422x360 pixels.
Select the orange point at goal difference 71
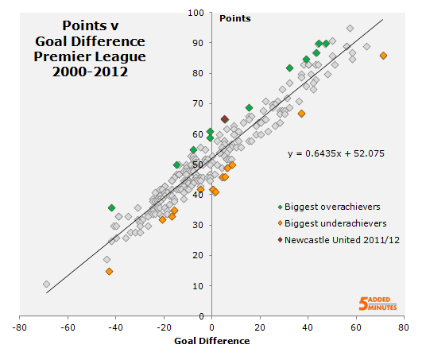tap(383, 56)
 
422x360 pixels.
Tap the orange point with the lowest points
tap(109, 271)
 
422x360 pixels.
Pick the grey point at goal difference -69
tap(46, 284)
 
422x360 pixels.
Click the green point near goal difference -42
tap(111, 207)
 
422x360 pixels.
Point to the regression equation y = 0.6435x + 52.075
tap(335, 153)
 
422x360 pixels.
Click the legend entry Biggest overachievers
tap(328, 206)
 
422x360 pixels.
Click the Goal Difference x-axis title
tap(211, 341)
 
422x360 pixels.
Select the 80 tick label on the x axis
tap(405, 326)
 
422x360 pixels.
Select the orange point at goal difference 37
tap(301, 114)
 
